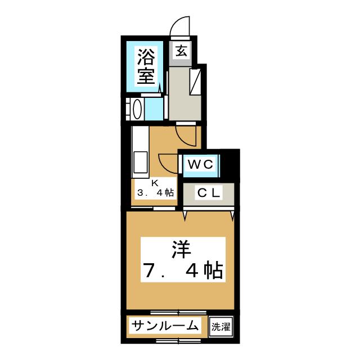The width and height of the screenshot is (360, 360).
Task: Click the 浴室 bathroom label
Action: (x=146, y=66)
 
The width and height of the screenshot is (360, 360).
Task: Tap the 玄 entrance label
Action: (x=181, y=50)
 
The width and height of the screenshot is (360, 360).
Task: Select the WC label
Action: (x=200, y=165)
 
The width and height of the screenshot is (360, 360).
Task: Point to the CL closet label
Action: (x=208, y=193)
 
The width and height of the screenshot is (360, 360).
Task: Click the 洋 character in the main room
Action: (x=179, y=248)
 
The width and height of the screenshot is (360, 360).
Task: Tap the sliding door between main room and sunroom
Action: (x=179, y=312)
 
